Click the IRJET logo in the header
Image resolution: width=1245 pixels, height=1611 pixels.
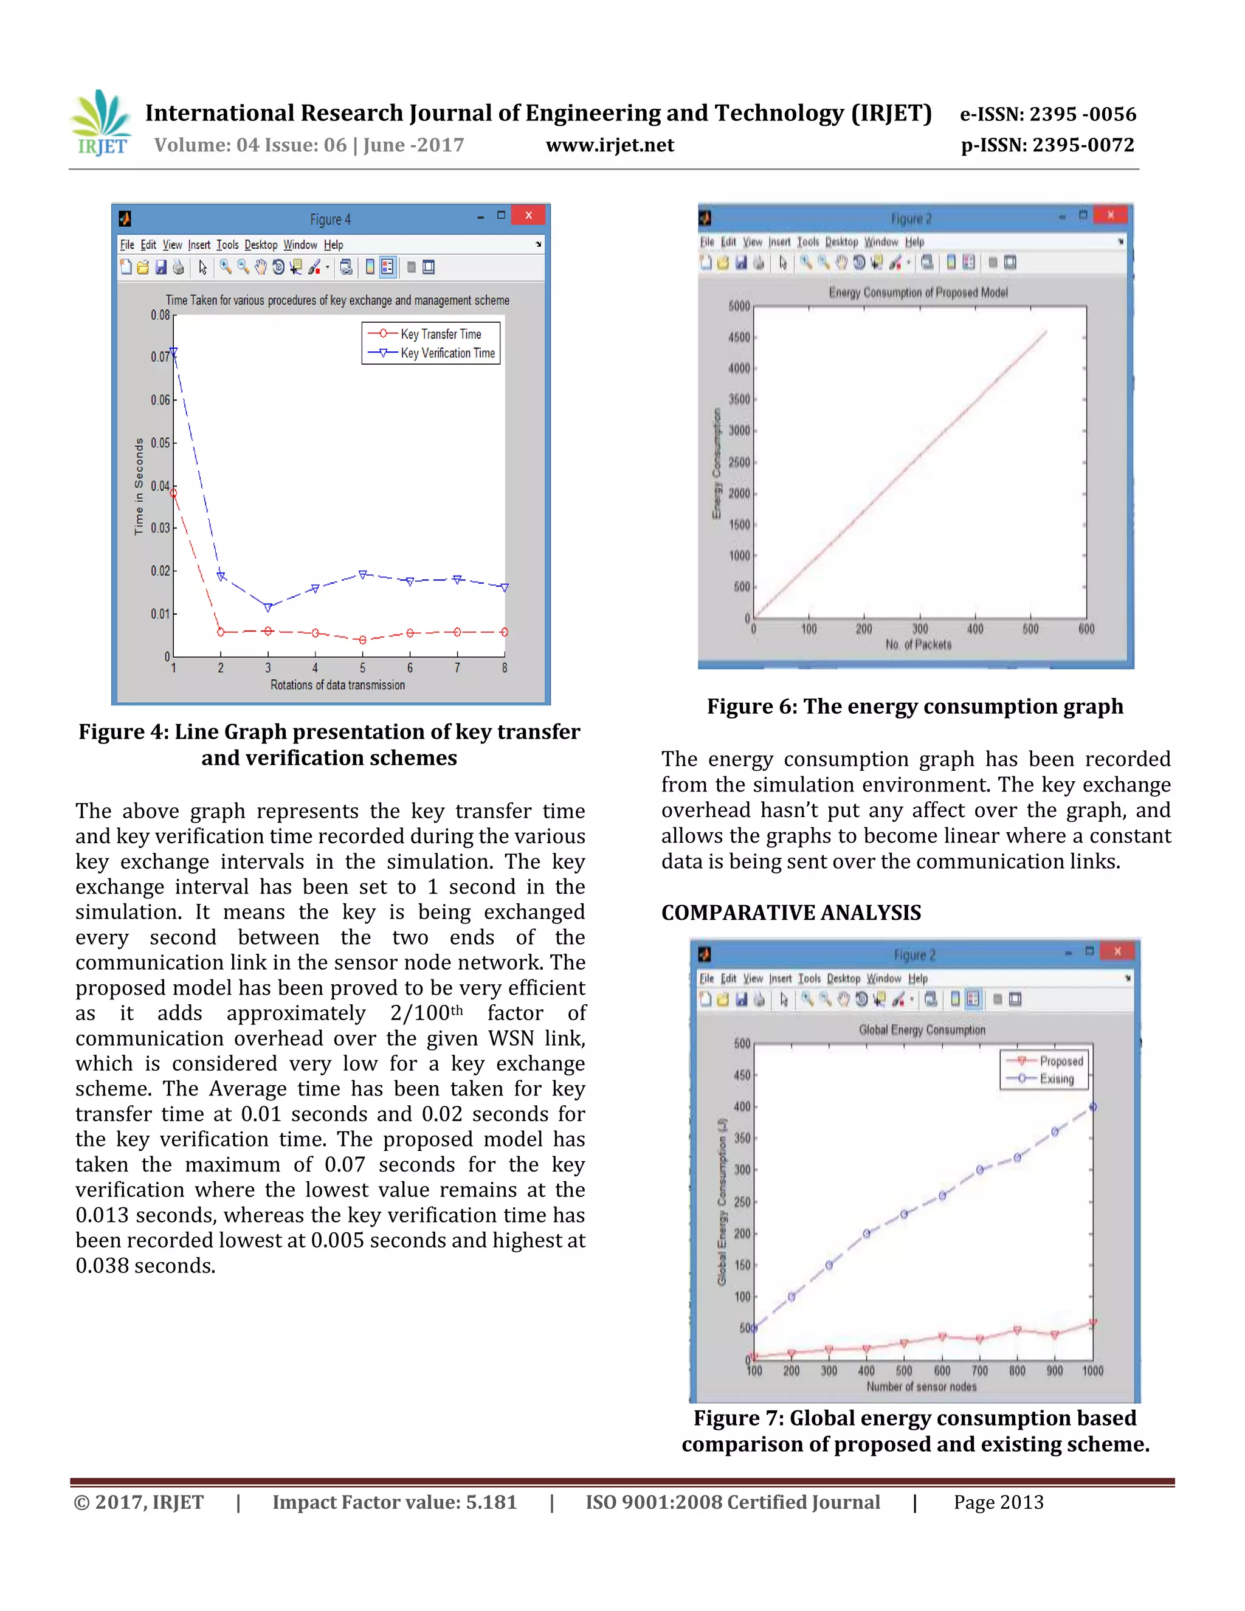click(x=101, y=124)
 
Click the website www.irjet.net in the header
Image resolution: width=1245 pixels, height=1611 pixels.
click(x=609, y=145)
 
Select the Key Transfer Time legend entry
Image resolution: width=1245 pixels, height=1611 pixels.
click(x=440, y=334)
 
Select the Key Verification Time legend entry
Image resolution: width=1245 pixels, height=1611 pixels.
click(x=447, y=353)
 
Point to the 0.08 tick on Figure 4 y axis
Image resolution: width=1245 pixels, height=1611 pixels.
click(x=160, y=315)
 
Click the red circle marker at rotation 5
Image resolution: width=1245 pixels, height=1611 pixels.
click(x=362, y=640)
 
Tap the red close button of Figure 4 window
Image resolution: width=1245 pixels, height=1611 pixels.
click(x=528, y=215)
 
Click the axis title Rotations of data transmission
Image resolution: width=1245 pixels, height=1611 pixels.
click(x=337, y=685)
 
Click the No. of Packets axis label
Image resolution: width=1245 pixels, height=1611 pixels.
click(x=919, y=644)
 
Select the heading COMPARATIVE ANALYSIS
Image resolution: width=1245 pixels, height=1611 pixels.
click(x=791, y=913)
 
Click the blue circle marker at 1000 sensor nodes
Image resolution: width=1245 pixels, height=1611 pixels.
click(x=1092, y=1106)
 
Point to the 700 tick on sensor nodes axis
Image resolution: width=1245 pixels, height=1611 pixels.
click(x=979, y=1370)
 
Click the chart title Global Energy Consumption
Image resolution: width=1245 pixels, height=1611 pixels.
click(x=921, y=1030)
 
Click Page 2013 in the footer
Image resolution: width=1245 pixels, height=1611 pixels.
click(x=998, y=1503)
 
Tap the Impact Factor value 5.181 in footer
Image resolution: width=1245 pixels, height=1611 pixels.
click(x=395, y=1503)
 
